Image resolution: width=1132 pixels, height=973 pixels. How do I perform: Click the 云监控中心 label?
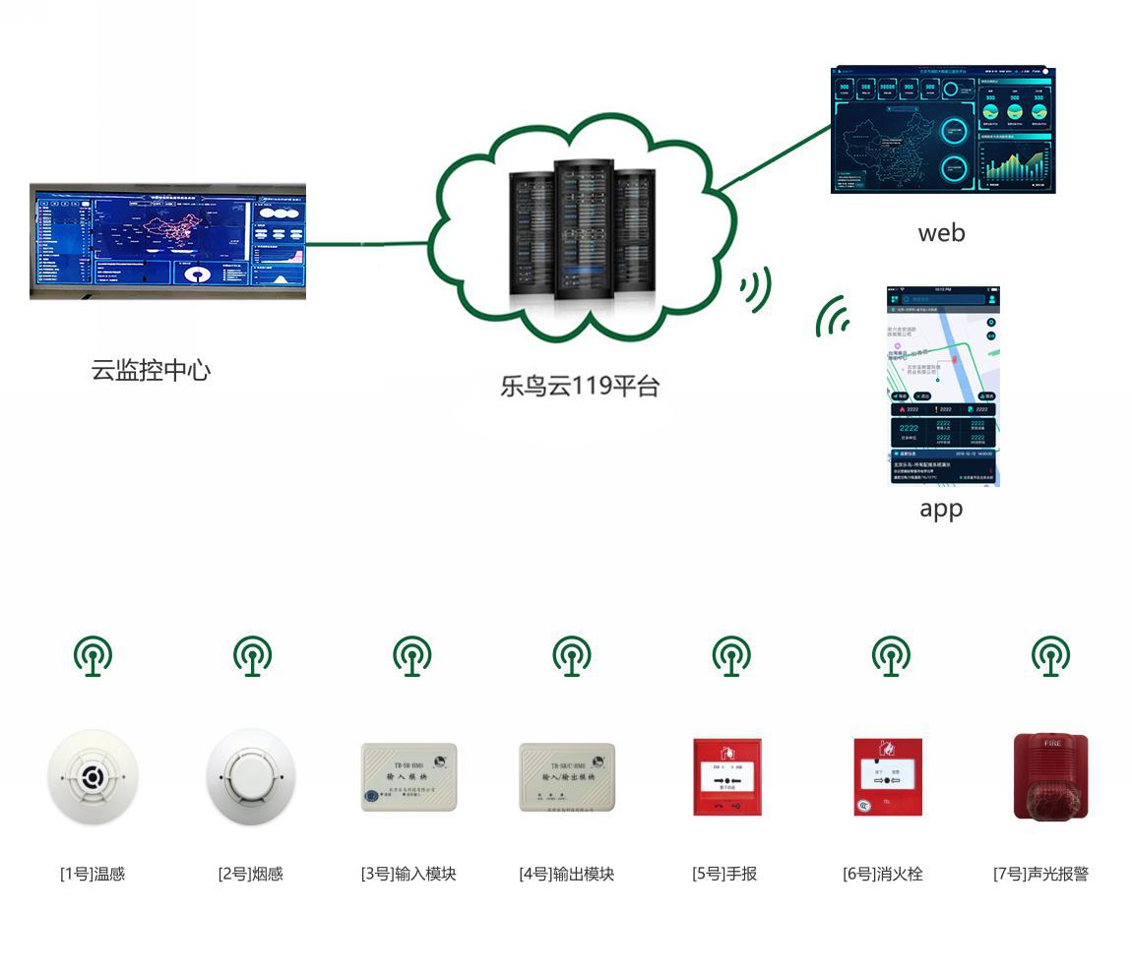[151, 371]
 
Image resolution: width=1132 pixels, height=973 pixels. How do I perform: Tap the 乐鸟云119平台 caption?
[579, 385]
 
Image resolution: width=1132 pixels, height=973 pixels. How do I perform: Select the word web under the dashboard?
[941, 233]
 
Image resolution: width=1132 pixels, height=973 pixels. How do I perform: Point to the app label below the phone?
[940, 509]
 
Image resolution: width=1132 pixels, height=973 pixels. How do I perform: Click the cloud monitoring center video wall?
[167, 241]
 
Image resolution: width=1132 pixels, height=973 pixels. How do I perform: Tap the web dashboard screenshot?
[942, 130]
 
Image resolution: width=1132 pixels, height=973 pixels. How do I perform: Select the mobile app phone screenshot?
[942, 386]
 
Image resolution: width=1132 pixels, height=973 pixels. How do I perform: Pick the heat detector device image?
[93, 778]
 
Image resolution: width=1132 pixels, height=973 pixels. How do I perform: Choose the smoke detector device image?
[251, 777]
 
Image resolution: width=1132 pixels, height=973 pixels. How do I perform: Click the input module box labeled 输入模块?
[409, 777]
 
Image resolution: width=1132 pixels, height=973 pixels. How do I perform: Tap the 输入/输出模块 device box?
[567, 777]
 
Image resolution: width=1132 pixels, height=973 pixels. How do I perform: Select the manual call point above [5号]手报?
[727, 777]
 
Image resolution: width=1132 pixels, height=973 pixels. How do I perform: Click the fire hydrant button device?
[887, 777]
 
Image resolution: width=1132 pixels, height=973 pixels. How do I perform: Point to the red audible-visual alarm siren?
[1050, 777]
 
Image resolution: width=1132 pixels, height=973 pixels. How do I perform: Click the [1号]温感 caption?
[93, 874]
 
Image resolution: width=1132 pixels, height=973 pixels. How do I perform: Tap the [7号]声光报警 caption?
[1040, 874]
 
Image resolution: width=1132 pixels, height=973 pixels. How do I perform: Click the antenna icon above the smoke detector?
[252, 655]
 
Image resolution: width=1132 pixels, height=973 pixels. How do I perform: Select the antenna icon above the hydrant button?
[891, 655]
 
